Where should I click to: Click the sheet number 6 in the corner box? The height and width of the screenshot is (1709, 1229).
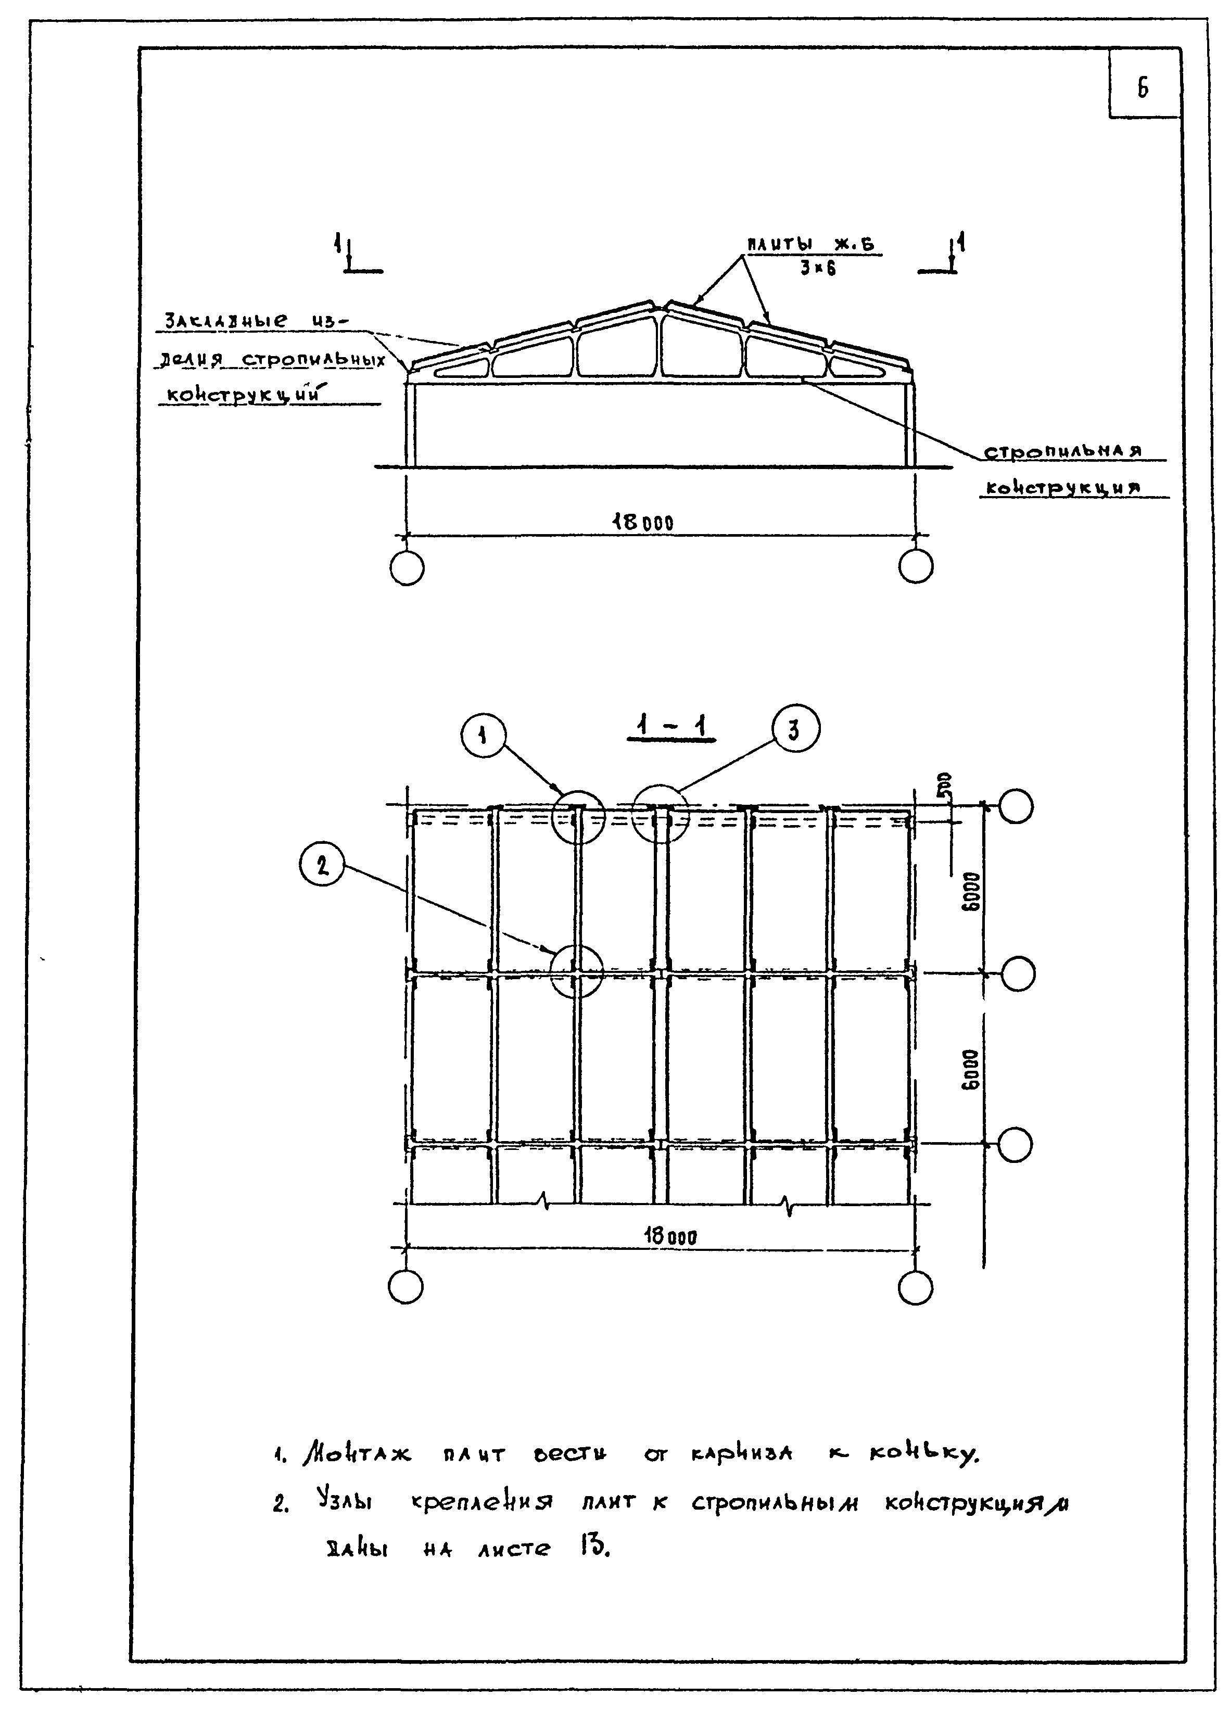tap(1143, 89)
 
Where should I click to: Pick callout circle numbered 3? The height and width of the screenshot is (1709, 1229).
tap(795, 729)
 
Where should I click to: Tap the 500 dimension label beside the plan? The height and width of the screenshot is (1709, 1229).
tap(945, 787)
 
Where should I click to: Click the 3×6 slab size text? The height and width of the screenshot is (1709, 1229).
tap(818, 268)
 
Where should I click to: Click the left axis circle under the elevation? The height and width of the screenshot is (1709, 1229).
tap(407, 568)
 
